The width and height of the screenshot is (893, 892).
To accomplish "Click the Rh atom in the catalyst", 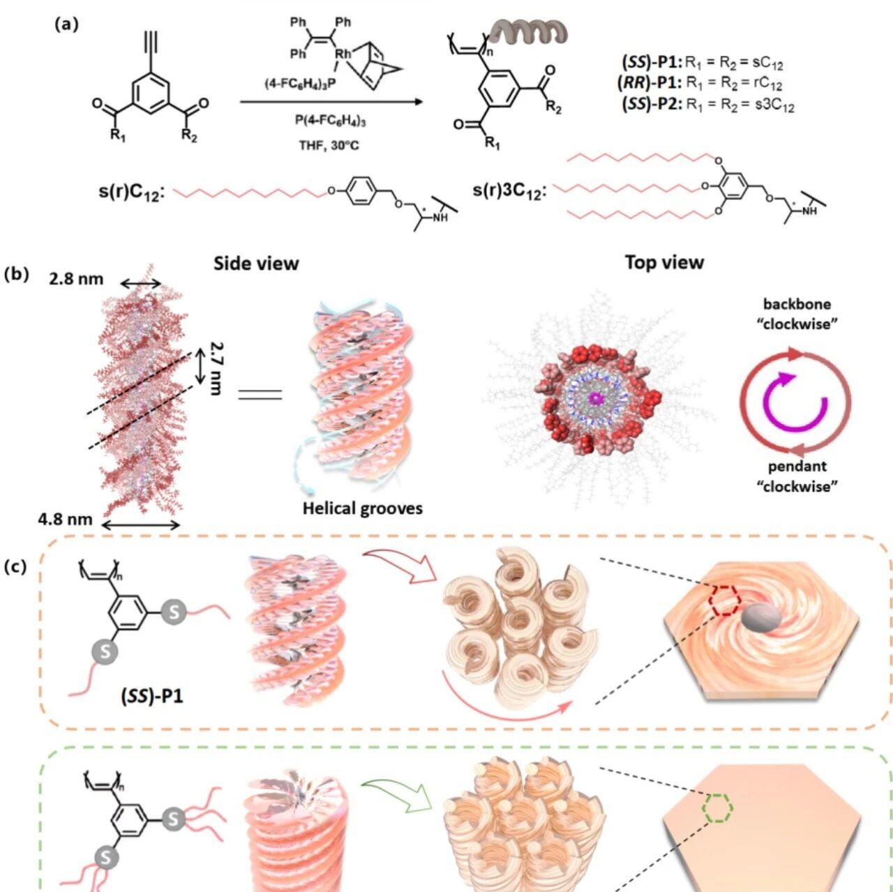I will point(343,53).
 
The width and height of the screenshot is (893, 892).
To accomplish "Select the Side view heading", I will point(255,264).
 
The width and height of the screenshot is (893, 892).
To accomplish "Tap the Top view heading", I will point(663,262).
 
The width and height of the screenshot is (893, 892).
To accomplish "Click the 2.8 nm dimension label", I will point(76,280).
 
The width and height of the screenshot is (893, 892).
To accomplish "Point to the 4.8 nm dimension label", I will point(66,519).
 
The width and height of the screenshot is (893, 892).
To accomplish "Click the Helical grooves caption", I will point(362,508).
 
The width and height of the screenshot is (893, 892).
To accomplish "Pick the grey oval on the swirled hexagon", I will point(759,618).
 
